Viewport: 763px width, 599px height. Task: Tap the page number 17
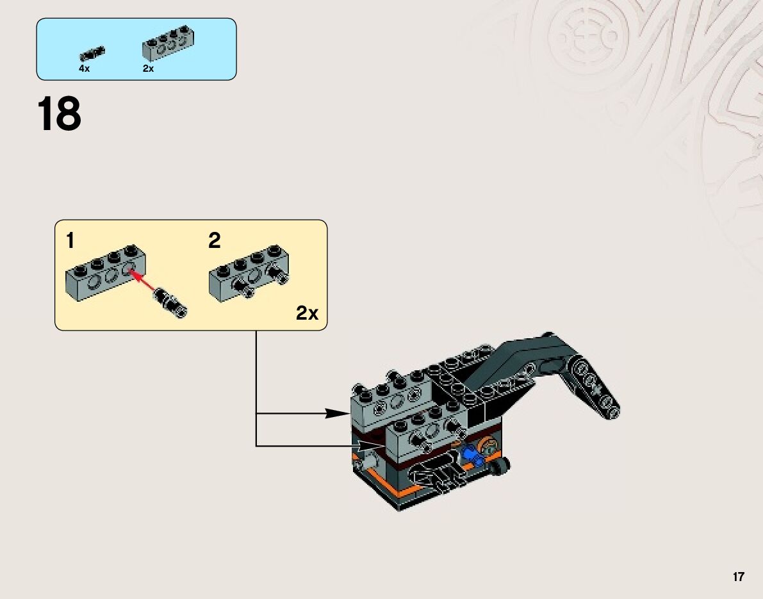click(x=739, y=577)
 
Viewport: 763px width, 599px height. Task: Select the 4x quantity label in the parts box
click(x=84, y=69)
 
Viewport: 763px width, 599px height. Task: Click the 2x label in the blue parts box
click(x=148, y=69)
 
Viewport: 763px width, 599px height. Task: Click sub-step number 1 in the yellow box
click(x=70, y=241)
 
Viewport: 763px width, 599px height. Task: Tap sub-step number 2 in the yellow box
click(x=214, y=241)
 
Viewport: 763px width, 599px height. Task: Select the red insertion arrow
click(x=144, y=280)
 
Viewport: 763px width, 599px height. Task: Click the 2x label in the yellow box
click(x=307, y=313)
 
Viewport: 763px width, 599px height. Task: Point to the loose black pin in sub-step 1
click(x=169, y=302)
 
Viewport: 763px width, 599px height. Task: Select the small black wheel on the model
click(x=500, y=468)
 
